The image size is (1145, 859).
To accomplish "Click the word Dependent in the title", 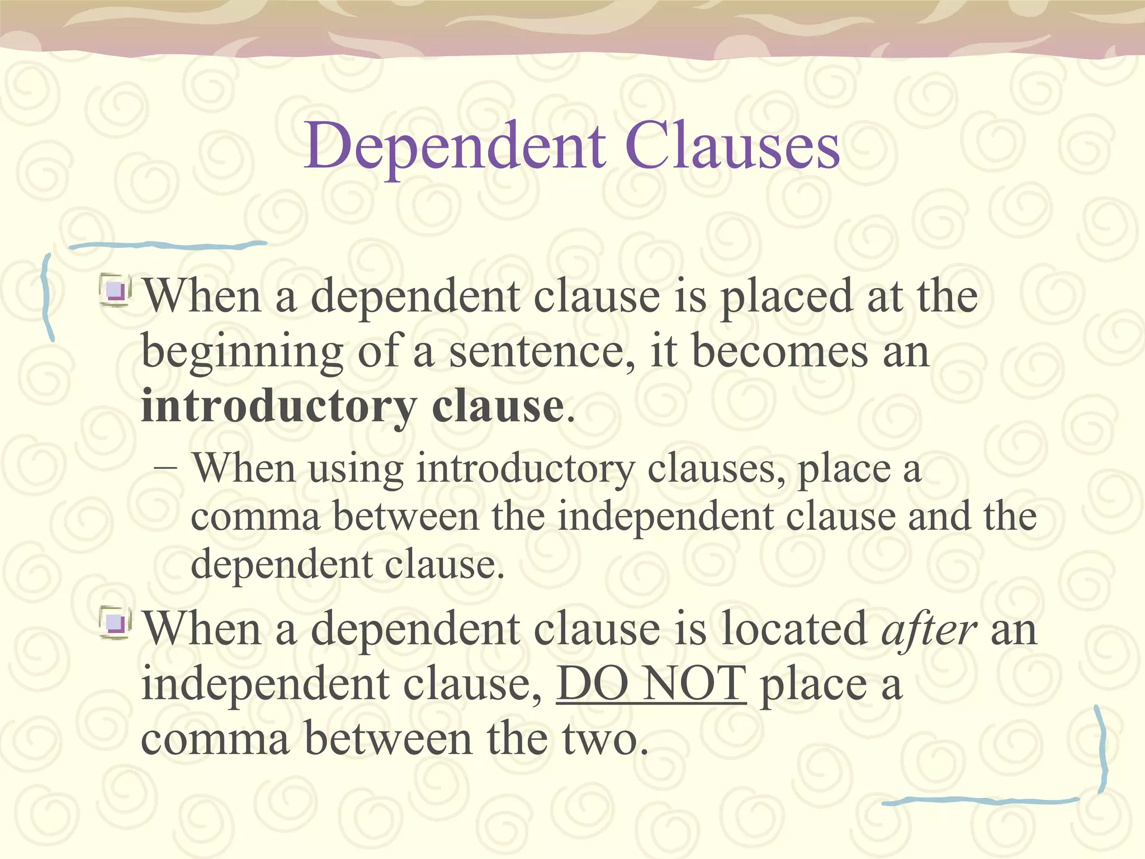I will (455, 147).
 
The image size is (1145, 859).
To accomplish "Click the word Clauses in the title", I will (732, 147).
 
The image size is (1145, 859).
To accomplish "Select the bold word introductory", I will (279, 407).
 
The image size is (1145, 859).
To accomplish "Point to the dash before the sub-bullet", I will (166, 469).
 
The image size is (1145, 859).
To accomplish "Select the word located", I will (794, 629).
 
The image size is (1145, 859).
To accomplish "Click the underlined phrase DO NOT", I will (651, 683).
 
